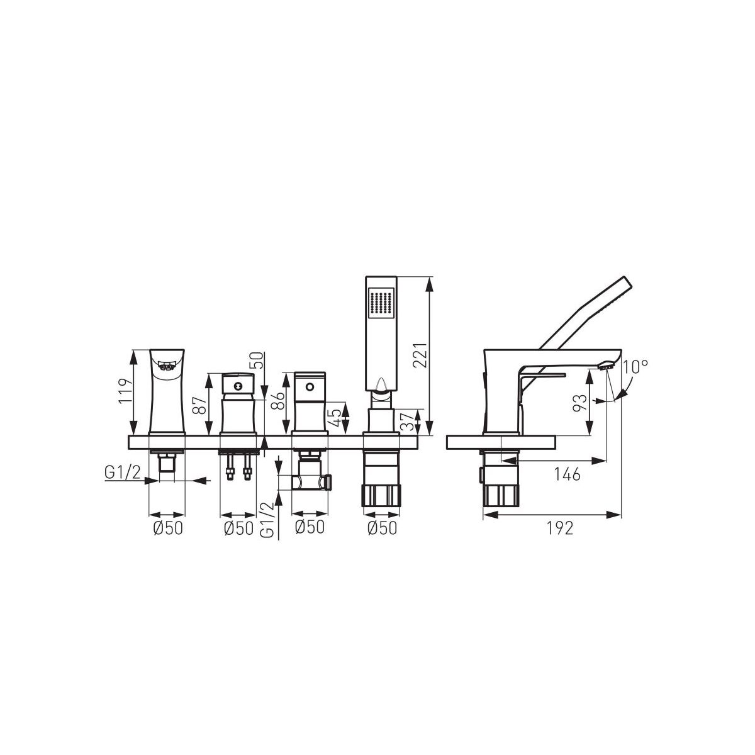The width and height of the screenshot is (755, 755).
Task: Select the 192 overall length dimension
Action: click(560, 528)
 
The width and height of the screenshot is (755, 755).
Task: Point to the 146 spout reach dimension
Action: click(567, 475)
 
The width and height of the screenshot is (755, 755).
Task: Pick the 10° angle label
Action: click(635, 367)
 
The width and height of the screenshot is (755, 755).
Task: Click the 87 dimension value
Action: click(199, 406)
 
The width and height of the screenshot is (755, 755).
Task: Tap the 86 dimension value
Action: click(279, 400)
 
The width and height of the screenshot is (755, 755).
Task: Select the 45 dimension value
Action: click(336, 418)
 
